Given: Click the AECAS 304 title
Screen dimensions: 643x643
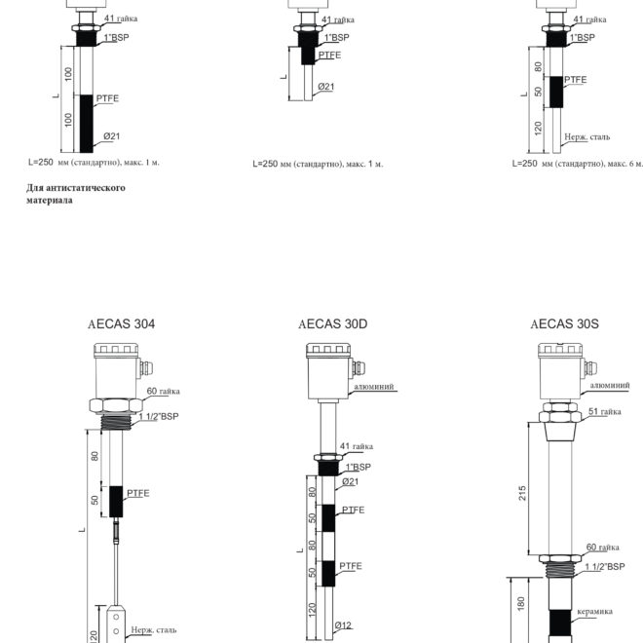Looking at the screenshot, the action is (x=122, y=324).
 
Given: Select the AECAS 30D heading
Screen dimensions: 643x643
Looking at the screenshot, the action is (x=332, y=324).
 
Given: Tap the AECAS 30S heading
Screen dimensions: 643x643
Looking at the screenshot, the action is (x=564, y=324).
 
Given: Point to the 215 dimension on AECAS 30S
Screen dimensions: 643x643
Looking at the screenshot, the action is (x=522, y=493).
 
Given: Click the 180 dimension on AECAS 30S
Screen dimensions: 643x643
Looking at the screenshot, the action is (x=521, y=604).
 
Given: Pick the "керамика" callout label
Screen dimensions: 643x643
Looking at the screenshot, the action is (x=594, y=612).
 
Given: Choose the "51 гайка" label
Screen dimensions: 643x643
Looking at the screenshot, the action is (x=604, y=411).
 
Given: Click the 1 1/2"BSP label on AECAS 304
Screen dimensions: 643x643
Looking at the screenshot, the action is (x=159, y=417).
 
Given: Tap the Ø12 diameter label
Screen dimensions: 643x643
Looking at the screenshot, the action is (x=343, y=625).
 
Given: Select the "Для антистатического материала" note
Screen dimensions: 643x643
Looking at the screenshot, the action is (x=76, y=194).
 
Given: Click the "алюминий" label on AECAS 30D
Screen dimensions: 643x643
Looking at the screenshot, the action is (x=373, y=387).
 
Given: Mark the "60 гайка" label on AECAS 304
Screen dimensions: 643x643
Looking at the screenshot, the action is (x=164, y=391).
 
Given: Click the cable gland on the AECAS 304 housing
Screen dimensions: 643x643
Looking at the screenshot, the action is (x=146, y=368).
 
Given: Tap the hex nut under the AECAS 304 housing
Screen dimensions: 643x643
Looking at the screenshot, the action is (x=116, y=406).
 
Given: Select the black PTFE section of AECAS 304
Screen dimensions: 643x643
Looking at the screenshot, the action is (x=116, y=502).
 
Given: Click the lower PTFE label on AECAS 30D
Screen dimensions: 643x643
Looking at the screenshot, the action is (x=351, y=566).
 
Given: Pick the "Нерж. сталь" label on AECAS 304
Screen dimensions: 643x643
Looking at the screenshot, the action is (x=154, y=630).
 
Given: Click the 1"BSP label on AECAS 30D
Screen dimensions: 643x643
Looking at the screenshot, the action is (x=358, y=467).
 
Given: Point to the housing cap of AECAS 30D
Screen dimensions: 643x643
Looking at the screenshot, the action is (x=328, y=351).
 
